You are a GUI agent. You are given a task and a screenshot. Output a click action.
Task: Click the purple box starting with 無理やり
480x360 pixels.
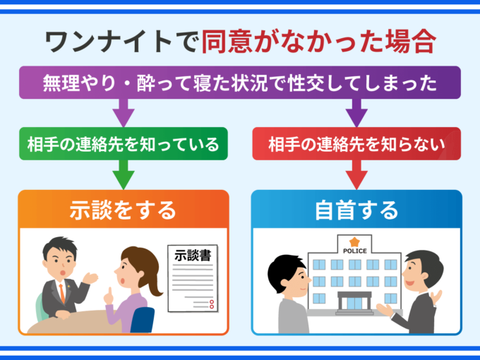coord(240,83)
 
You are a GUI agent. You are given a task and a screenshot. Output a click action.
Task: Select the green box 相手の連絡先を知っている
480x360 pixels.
coord(124,144)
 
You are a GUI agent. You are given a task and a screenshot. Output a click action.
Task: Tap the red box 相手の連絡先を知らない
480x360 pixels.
coord(356,144)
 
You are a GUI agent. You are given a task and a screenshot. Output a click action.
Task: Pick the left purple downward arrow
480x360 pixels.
coord(124,112)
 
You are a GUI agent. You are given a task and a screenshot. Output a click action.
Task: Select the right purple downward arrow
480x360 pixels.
coord(356,112)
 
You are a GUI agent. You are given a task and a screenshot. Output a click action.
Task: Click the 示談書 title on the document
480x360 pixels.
coord(193,255)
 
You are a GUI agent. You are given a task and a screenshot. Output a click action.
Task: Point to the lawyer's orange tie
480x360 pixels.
coord(61,289)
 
